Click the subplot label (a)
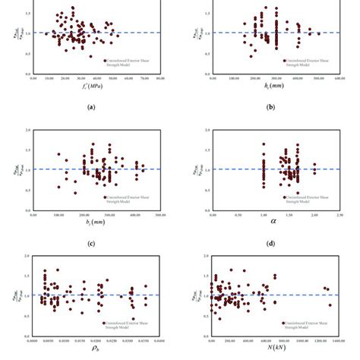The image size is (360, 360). pos(91,108)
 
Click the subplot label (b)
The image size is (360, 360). pos(271,108)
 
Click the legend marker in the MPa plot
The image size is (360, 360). pos(105,60)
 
